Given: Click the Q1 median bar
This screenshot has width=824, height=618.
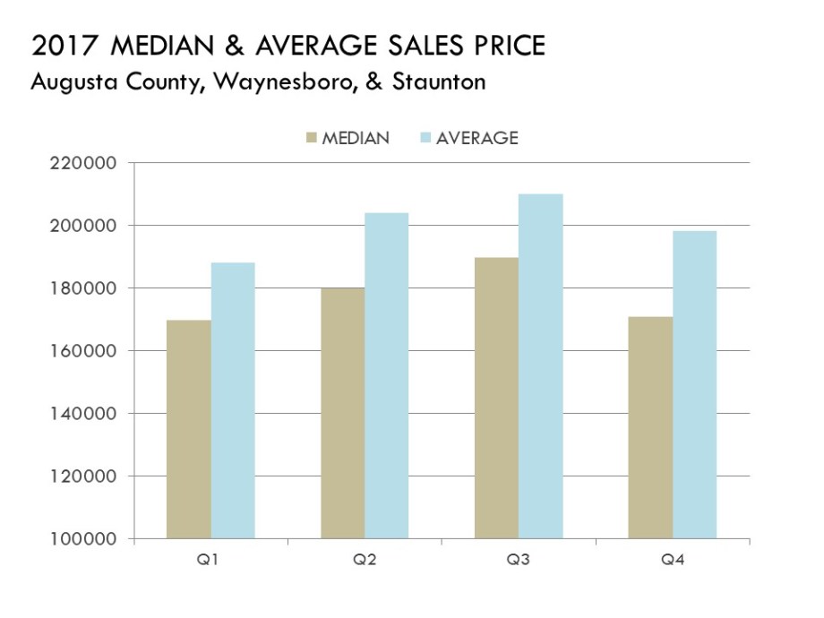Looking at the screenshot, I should tap(189, 430).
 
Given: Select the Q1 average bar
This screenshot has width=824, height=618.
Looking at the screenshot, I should tap(233, 400).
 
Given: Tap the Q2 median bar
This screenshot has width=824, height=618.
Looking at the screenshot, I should tap(343, 413).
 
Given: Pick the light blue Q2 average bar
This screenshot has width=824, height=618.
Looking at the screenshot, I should tap(387, 376).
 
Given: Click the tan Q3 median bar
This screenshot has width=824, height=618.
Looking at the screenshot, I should tap(497, 399).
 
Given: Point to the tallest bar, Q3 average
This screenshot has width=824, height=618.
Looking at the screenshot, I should tap(541, 366).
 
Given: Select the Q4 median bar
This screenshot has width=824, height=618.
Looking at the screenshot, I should tap(650, 428).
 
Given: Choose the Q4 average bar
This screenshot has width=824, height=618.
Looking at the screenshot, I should tap(695, 385).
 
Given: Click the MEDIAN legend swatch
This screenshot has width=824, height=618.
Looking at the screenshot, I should tap(313, 139).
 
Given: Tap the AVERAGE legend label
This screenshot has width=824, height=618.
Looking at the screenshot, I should tap(477, 139).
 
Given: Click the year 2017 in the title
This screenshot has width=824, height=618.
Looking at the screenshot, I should tap(59, 46).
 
